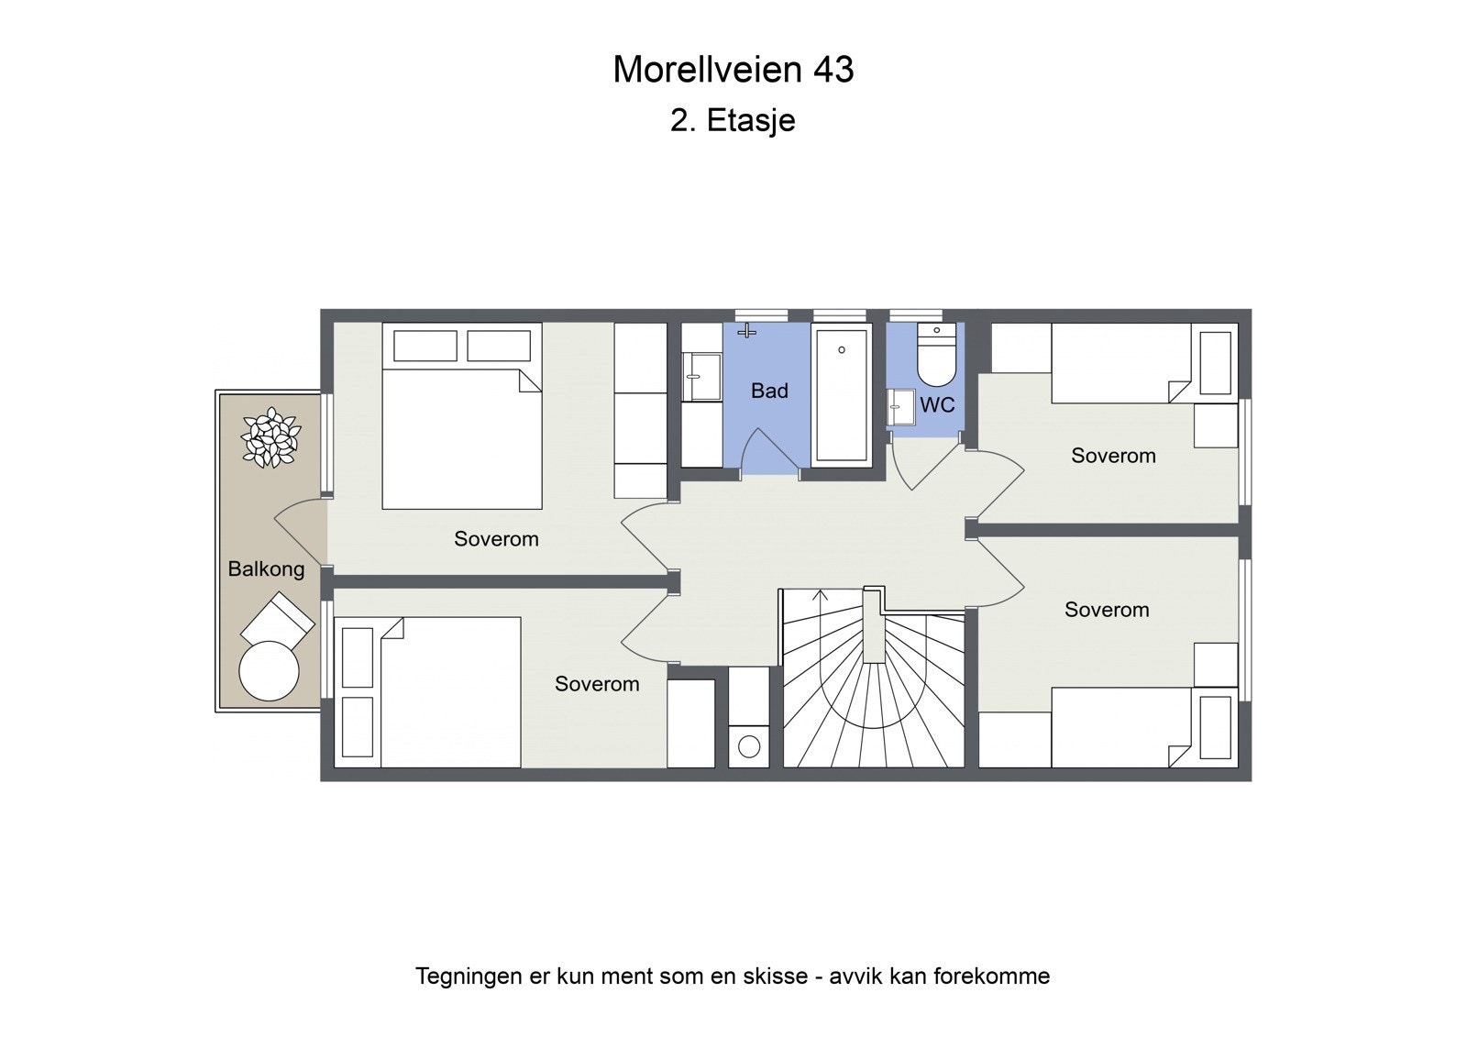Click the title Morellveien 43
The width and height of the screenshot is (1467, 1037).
coord(733,70)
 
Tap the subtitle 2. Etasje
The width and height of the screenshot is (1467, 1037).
coord(733,120)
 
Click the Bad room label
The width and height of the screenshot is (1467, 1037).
coord(769,392)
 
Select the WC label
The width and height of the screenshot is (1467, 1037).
coord(937,405)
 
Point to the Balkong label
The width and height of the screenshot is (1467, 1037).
coord(266,569)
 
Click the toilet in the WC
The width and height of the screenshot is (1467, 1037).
coord(936,359)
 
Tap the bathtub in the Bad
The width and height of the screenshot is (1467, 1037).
coord(841,394)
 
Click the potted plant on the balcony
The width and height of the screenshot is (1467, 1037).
coord(270,438)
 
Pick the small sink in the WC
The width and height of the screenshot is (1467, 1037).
coord(900,407)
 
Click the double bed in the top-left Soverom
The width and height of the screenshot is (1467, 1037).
coord(461,437)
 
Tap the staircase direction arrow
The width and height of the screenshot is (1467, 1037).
coord(821,597)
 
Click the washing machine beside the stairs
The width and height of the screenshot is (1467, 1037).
coord(749,745)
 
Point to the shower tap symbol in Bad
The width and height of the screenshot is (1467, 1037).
coord(747,330)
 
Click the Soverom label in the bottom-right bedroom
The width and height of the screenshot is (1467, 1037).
coord(1106,611)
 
